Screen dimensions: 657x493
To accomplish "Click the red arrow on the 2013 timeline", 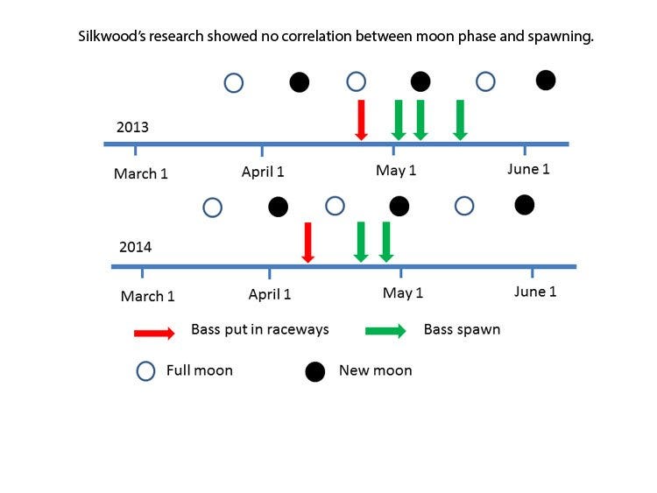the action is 361,120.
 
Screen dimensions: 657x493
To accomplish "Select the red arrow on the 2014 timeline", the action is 308,243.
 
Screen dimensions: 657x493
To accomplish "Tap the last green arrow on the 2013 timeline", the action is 460,120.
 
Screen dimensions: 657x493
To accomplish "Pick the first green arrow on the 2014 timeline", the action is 361,242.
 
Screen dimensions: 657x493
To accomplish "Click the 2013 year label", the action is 132,127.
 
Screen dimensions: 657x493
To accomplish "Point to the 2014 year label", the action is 135,247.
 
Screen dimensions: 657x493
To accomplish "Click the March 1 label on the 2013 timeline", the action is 141,173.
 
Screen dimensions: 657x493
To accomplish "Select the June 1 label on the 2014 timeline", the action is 535,291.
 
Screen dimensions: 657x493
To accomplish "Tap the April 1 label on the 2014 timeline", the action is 270,294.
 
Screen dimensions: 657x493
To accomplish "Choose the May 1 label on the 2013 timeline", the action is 396,170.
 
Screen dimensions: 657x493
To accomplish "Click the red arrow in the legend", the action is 154,334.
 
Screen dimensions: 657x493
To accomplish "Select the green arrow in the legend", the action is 385,331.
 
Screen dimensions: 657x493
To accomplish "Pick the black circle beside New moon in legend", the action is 315,371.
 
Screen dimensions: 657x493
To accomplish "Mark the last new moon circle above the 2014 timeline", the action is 525,205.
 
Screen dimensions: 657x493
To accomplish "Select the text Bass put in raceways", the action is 260,329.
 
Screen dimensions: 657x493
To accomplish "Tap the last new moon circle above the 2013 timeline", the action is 546,80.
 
